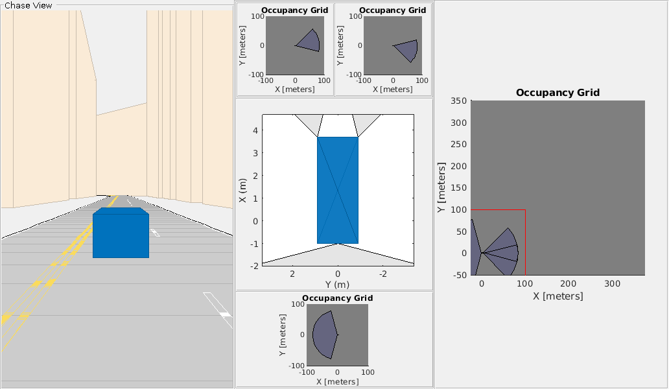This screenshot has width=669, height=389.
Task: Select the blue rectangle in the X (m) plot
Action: tap(337, 190)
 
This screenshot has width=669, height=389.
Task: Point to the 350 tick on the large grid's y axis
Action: tap(459, 100)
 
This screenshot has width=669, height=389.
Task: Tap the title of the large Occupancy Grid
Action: tap(557, 93)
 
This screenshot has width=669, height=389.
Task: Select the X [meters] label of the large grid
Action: tap(557, 296)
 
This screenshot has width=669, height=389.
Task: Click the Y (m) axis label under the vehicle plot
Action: tap(337, 285)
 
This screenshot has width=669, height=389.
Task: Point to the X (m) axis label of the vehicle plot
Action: tap(243, 190)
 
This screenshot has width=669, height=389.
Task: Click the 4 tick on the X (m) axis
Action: tap(256, 130)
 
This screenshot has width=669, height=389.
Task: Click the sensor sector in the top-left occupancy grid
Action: tap(310, 41)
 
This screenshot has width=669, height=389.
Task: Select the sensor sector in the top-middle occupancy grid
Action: tap(407, 48)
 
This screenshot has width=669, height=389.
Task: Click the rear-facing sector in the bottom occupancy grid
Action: tap(324, 335)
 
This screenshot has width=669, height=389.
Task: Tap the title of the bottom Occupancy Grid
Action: tap(337, 298)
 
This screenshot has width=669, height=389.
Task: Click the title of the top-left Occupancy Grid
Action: tap(294, 10)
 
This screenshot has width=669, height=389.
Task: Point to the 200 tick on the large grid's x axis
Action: tap(568, 284)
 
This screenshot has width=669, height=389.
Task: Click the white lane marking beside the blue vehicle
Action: tap(155, 232)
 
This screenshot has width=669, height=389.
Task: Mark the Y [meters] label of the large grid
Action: tap(441, 188)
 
